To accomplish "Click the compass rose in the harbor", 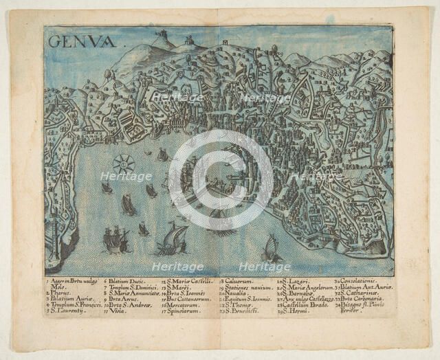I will (x=124, y=164).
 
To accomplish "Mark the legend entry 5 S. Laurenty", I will (x=66, y=311).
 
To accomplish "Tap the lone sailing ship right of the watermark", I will (x=271, y=249).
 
